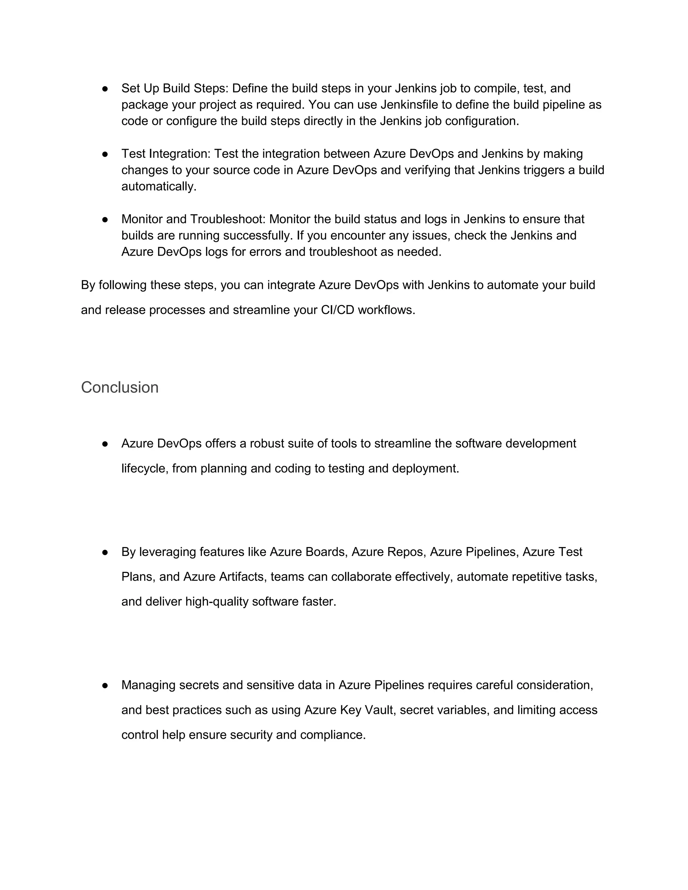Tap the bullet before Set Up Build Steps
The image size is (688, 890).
click(x=105, y=88)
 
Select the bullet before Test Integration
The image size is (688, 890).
click(x=105, y=154)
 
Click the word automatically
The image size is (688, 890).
click(x=158, y=187)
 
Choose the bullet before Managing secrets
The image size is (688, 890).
click(x=105, y=685)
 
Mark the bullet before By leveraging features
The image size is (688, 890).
click(x=105, y=552)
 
